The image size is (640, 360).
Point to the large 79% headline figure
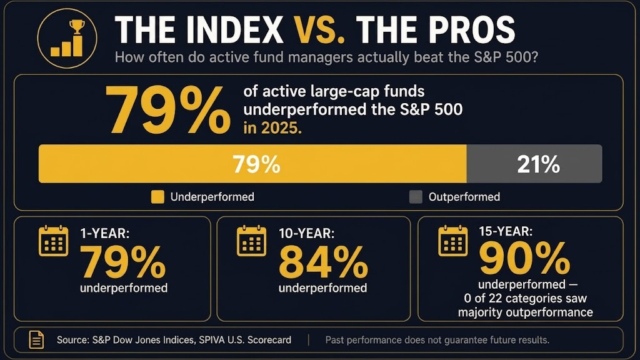(x=167, y=111)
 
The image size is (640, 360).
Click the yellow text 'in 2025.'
(x=272, y=128)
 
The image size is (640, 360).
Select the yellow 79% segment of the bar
(x=252, y=164)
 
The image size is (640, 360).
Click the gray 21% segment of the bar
(x=534, y=164)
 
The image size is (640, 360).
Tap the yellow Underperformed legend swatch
(x=157, y=197)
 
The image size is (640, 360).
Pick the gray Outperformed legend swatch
(x=416, y=197)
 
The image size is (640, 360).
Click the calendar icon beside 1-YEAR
(x=54, y=241)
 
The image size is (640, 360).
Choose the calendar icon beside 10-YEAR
(x=251, y=241)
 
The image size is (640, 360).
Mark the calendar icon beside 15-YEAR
(x=453, y=241)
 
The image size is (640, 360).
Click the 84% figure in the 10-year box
(x=323, y=262)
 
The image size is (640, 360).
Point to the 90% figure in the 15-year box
(x=524, y=258)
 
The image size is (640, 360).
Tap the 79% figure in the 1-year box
(x=123, y=262)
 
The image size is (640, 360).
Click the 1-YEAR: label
(x=105, y=234)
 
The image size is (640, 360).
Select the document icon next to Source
(x=36, y=339)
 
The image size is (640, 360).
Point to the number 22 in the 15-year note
(x=495, y=298)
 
